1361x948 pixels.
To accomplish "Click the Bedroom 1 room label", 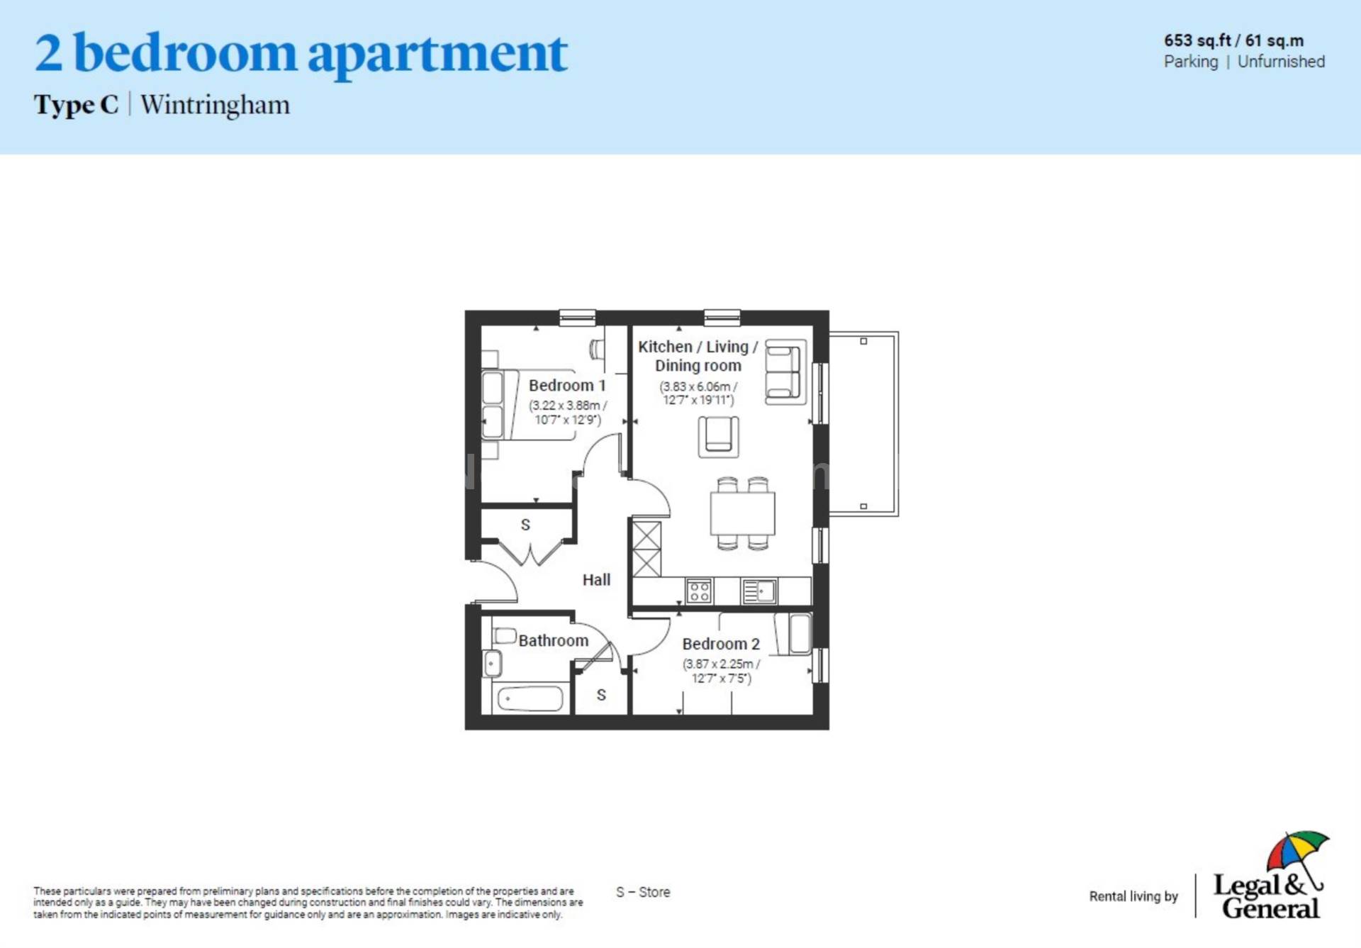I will tap(566, 386).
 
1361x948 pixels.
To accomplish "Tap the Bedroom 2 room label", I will tap(720, 644).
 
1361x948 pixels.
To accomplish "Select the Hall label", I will tap(596, 580).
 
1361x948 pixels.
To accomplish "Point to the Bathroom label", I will tap(553, 641).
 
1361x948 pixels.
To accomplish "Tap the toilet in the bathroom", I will tap(505, 635).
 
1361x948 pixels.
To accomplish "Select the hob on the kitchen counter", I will tap(699, 591).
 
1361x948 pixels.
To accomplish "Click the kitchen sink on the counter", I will tap(759, 591).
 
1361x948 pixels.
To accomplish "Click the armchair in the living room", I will tap(718, 435).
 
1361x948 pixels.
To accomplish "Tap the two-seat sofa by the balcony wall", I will tap(785, 372).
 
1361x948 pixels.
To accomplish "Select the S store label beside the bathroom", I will tap(601, 695).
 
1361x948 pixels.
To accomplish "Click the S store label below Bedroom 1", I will tap(525, 525).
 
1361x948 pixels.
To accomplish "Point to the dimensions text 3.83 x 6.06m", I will tap(698, 387).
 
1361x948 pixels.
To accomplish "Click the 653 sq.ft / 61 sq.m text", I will tap(1233, 40).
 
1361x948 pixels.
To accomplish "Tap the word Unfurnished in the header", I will tap(1281, 62).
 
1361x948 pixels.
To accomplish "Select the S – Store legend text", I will tap(643, 892).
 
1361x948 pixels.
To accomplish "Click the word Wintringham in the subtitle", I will tap(215, 105).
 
